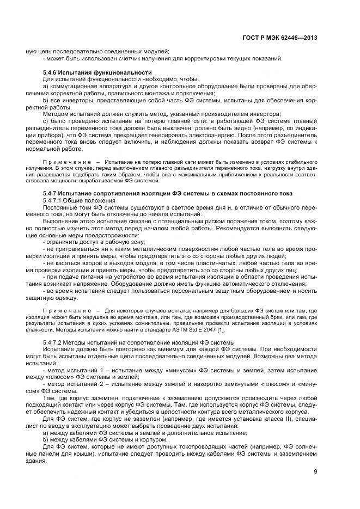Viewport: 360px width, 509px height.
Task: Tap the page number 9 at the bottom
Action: [315, 471]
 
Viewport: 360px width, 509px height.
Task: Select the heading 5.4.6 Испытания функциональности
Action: [96, 72]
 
